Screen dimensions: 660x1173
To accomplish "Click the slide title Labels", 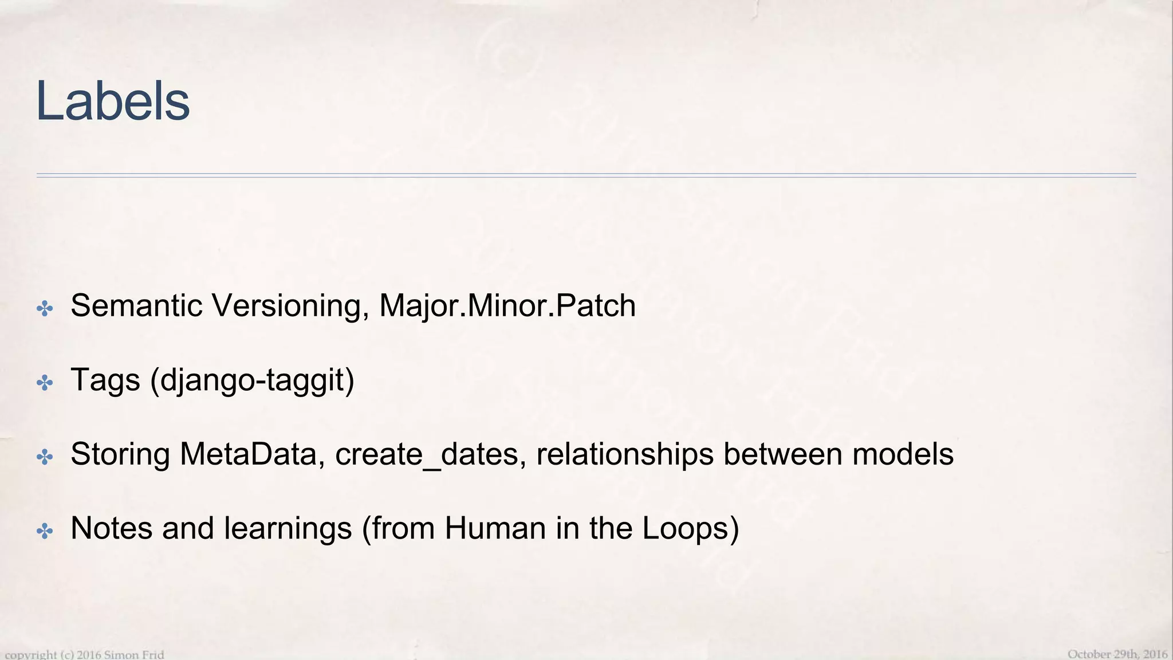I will pos(112,101).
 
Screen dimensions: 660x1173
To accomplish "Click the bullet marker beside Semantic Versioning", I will pos(45,309).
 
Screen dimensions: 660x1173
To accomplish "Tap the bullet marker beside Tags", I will pos(45,383).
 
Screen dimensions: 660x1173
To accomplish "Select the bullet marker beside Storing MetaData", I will pos(45,457).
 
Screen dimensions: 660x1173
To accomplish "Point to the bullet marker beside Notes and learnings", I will pos(45,531).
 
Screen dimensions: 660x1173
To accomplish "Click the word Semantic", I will pos(136,305).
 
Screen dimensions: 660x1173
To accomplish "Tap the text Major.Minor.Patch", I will pos(507,305).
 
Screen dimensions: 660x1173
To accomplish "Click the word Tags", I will pos(105,380).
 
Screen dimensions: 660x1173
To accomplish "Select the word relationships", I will pos(625,454).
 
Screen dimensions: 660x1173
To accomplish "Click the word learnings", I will pos(288,529).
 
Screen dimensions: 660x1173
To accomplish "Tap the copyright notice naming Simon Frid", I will pos(85,654).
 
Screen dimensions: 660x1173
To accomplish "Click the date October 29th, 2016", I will pos(1117,654).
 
